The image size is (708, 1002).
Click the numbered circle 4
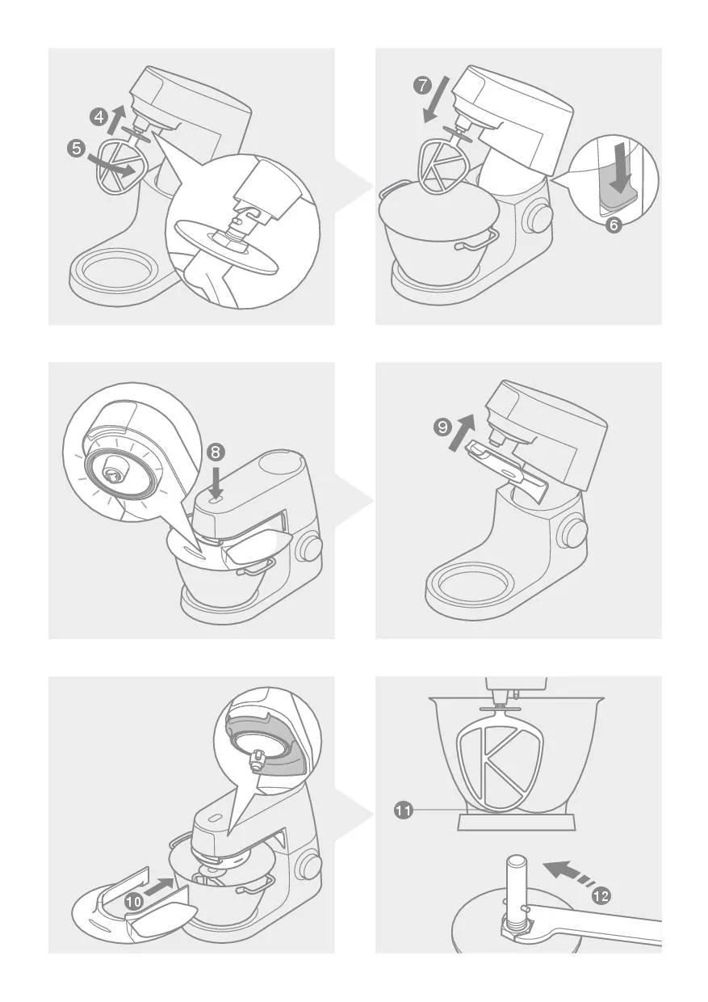click(x=98, y=118)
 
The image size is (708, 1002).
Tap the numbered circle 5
click(x=77, y=148)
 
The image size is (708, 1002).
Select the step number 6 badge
click(x=614, y=225)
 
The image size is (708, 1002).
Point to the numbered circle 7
click(x=422, y=85)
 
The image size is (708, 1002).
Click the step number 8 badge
click(x=215, y=453)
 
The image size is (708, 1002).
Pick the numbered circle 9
click(x=442, y=427)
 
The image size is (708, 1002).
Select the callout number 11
click(x=403, y=809)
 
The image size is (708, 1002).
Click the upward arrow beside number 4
click(x=115, y=118)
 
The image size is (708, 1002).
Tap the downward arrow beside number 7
click(x=436, y=99)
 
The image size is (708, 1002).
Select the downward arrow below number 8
click(x=215, y=481)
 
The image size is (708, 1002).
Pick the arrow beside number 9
click(x=461, y=432)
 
